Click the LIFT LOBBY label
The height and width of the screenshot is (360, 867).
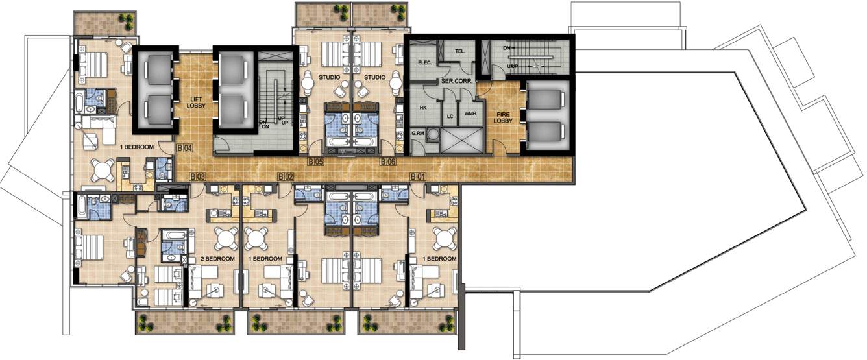click(x=196, y=101)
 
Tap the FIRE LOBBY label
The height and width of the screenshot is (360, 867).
click(x=502, y=116)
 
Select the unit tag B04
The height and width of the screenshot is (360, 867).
click(x=185, y=149)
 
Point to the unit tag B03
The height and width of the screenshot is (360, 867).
click(x=198, y=176)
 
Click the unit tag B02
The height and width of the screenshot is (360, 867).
click(x=286, y=176)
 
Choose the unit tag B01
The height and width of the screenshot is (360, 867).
click(x=419, y=176)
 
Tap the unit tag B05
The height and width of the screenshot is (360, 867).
click(x=316, y=161)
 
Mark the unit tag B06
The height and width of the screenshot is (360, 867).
click(x=387, y=161)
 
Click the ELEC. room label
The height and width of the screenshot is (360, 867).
click(x=425, y=63)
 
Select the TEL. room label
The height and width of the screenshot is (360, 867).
click(x=461, y=51)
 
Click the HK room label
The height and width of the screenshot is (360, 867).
click(x=422, y=108)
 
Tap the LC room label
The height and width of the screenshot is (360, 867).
click(x=450, y=117)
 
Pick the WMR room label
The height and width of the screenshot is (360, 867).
click(x=471, y=114)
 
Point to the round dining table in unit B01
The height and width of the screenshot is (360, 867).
click(x=445, y=238)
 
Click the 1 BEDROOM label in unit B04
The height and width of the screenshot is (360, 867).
click(x=136, y=147)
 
